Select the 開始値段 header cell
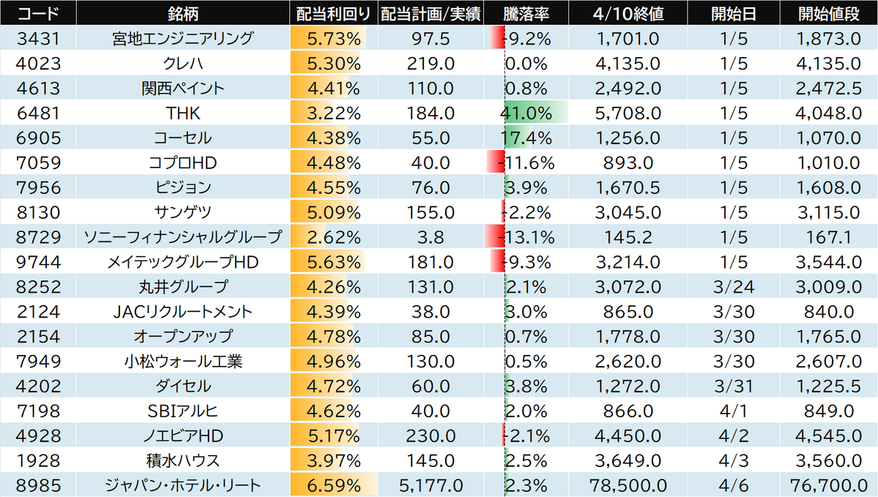[x=830, y=13]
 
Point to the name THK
[x=183, y=113]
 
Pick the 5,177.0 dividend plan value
[x=433, y=485]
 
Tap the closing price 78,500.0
[x=627, y=485]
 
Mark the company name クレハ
[x=183, y=63]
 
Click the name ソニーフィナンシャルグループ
[x=183, y=236]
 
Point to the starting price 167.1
[x=830, y=236]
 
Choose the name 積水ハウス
[x=183, y=460]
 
